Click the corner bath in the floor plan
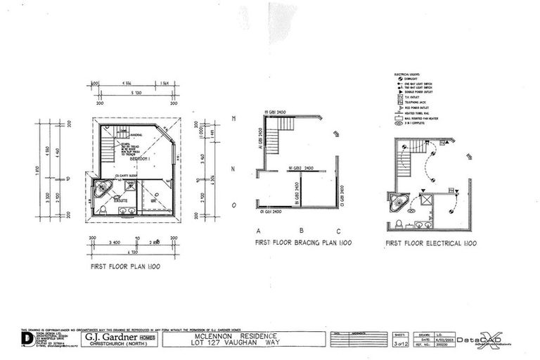(x=102, y=188)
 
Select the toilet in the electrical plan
(x=399, y=223)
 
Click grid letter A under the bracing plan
(x=259, y=231)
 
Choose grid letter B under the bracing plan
(x=301, y=231)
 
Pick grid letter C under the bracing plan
(x=338, y=231)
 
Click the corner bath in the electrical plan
(x=397, y=202)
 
